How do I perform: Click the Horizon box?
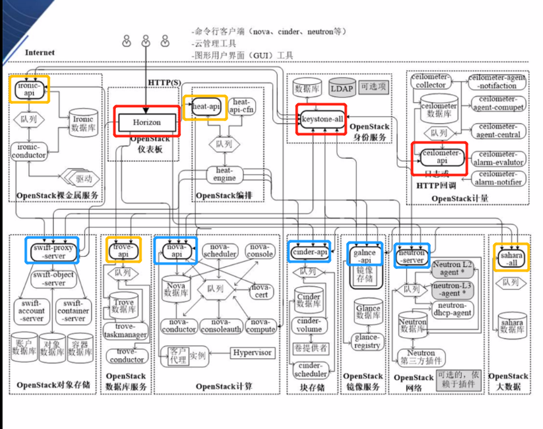(x=147, y=121)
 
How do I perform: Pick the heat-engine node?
(x=225, y=174)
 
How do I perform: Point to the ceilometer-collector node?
(x=431, y=81)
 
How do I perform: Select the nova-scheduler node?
(x=221, y=251)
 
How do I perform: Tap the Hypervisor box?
(x=252, y=353)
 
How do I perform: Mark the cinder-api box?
(x=309, y=251)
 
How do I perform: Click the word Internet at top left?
(x=40, y=52)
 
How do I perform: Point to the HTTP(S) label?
(x=164, y=83)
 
